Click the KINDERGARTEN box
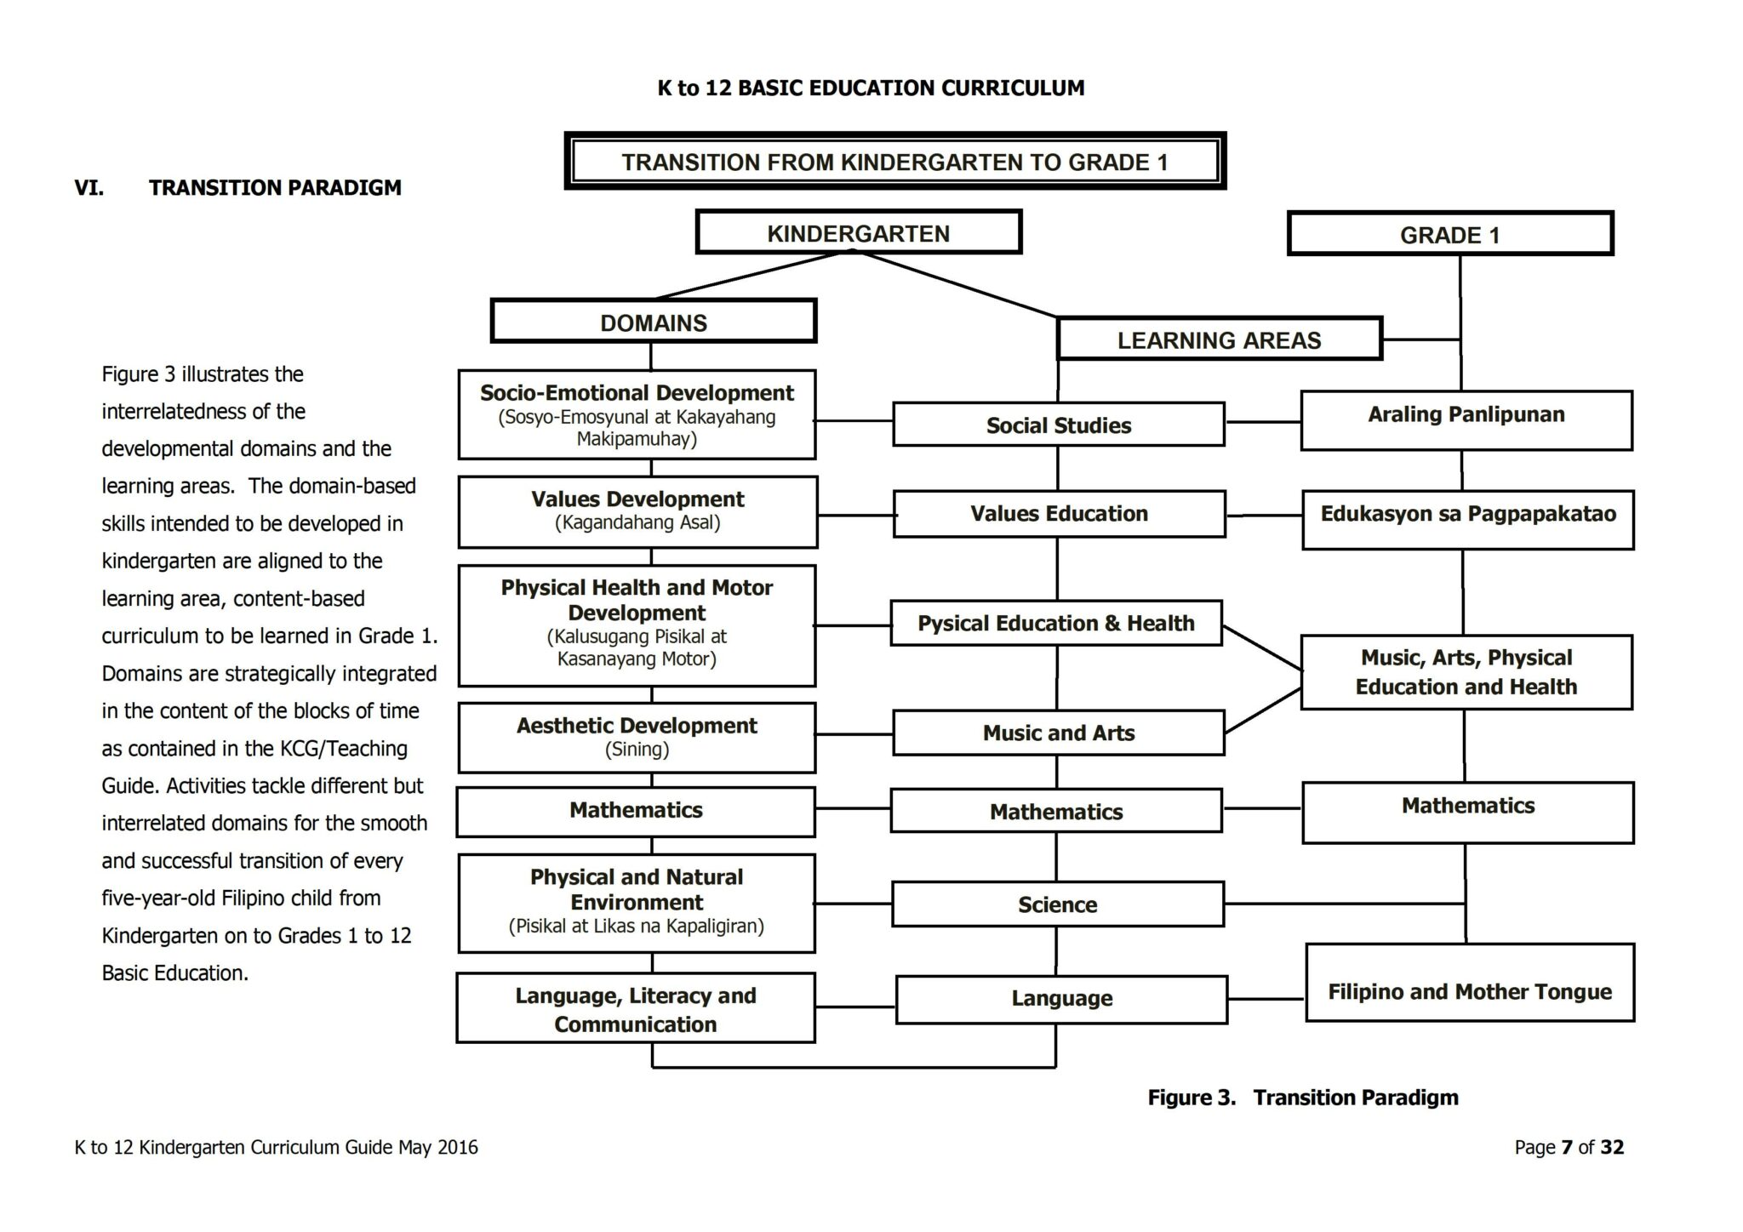(x=858, y=233)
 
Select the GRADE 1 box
(x=1449, y=235)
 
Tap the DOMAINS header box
(x=653, y=322)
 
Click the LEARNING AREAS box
(x=1219, y=339)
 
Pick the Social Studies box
(x=1058, y=425)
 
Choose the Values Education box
(x=1059, y=513)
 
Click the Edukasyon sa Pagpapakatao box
(x=1467, y=519)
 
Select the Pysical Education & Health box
(x=1055, y=623)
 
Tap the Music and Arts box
(x=1058, y=733)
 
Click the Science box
(x=1057, y=904)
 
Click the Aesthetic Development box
(x=637, y=737)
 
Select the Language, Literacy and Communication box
(x=635, y=1008)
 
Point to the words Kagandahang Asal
(x=637, y=522)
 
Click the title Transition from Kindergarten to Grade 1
(x=894, y=162)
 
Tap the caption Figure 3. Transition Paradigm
(x=1302, y=1098)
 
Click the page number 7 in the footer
(x=1566, y=1147)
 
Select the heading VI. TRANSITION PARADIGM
(x=237, y=187)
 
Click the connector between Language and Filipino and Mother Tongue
(x=1266, y=999)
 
